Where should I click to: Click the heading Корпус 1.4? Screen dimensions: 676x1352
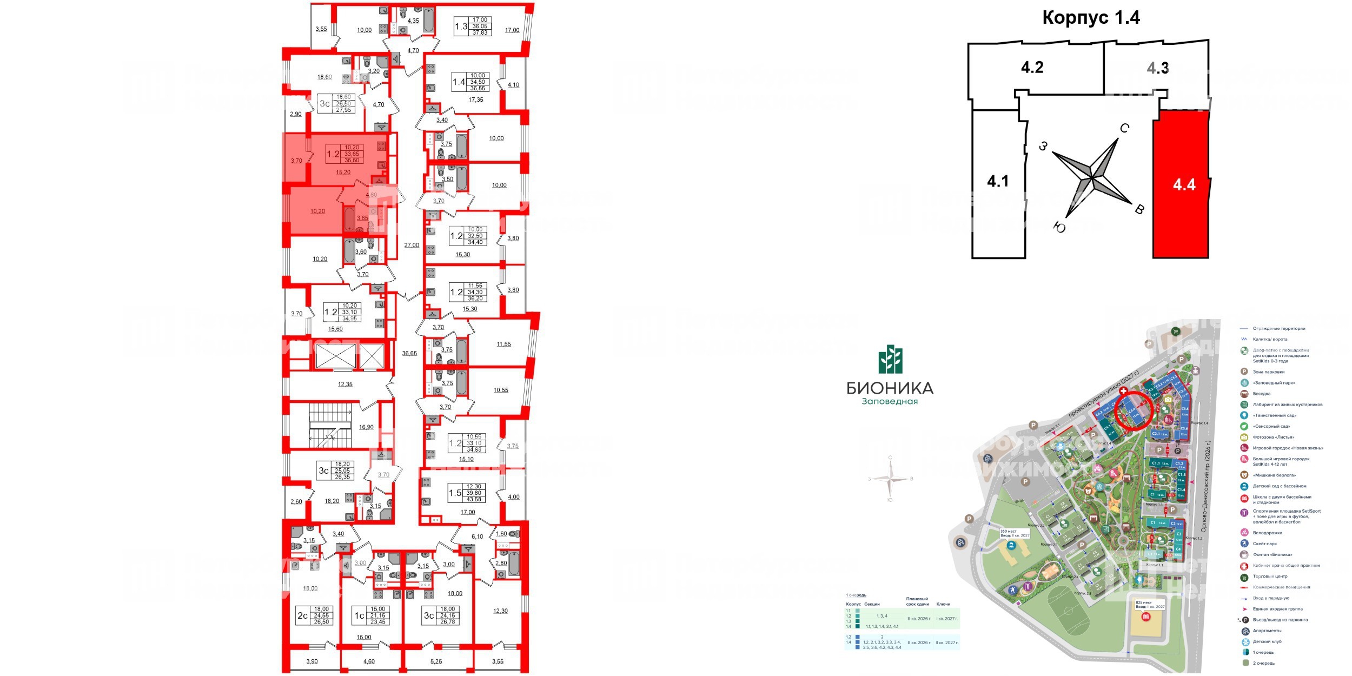click(x=1091, y=18)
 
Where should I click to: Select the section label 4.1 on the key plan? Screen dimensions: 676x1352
click(x=998, y=181)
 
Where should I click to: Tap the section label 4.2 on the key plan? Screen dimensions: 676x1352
click(x=1032, y=68)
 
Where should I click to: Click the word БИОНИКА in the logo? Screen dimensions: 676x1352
click(x=890, y=388)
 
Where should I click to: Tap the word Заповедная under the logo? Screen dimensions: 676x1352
click(x=890, y=401)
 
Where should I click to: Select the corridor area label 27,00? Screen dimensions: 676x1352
click(x=412, y=245)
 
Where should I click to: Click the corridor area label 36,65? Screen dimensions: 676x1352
click(x=409, y=353)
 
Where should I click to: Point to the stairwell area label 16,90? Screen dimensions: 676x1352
click(x=366, y=427)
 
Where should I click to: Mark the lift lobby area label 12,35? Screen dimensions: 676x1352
click(x=345, y=385)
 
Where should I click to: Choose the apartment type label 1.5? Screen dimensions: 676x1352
click(x=455, y=493)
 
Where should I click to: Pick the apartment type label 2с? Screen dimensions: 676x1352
click(x=302, y=615)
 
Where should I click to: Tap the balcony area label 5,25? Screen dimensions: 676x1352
click(x=436, y=661)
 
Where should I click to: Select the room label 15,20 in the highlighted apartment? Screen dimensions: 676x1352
click(x=343, y=173)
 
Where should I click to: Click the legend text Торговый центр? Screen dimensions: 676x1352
click(x=1270, y=576)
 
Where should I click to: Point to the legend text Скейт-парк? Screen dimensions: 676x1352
click(x=1264, y=544)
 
